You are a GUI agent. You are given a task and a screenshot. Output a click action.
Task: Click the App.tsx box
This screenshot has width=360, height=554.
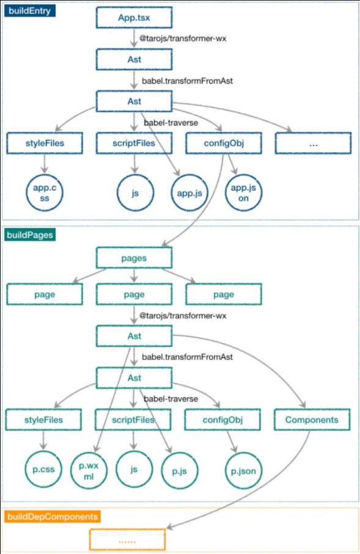click(x=134, y=17)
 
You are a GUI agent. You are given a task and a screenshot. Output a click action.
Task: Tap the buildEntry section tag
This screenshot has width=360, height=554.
click(x=30, y=10)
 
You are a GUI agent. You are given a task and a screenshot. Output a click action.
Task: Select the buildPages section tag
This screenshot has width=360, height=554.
click(x=30, y=235)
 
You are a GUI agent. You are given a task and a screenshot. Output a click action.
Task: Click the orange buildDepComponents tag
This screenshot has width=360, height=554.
click(x=53, y=517)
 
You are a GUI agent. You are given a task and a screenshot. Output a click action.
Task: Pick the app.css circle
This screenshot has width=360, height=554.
click(x=45, y=192)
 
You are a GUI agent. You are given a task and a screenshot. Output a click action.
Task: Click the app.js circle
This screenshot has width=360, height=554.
click(x=189, y=193)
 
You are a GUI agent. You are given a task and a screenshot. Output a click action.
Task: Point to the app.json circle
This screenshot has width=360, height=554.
click(x=243, y=192)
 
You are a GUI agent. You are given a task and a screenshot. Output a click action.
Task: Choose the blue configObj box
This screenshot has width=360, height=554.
click(x=224, y=143)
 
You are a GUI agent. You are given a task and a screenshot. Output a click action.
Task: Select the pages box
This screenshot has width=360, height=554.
click(x=134, y=258)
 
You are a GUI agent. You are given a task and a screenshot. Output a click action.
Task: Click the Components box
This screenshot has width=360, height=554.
click(x=312, y=420)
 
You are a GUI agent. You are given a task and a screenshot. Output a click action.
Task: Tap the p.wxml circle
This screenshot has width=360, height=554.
click(x=89, y=470)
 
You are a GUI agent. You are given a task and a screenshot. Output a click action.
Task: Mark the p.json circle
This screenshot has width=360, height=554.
click(x=243, y=470)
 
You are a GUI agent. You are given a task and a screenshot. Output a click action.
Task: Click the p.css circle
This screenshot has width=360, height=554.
click(x=43, y=469)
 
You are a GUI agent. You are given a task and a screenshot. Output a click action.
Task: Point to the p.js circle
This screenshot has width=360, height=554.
click(x=179, y=470)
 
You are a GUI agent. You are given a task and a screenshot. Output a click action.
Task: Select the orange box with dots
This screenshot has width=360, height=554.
click(x=127, y=539)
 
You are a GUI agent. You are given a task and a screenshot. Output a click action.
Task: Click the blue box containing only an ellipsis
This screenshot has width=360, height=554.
click(x=314, y=143)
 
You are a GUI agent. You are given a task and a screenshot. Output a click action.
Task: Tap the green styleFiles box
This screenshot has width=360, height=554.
click(x=43, y=420)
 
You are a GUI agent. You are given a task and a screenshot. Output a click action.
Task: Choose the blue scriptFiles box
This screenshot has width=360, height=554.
click(x=134, y=143)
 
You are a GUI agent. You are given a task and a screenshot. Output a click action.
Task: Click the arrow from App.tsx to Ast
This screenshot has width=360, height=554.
click(x=134, y=38)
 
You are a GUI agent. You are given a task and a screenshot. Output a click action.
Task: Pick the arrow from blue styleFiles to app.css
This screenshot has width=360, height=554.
click(x=44, y=164)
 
